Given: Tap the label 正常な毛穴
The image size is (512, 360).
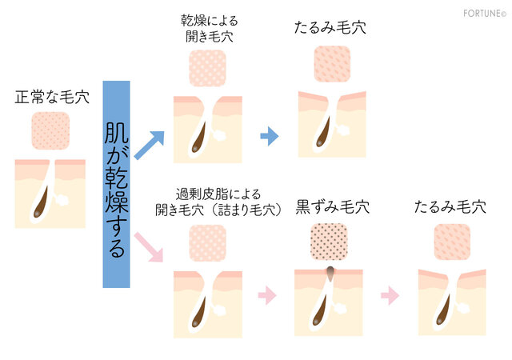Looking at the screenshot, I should [x=51, y=98].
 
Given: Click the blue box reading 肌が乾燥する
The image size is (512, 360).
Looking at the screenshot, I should [x=116, y=184].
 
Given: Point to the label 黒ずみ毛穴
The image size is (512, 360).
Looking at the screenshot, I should [x=332, y=207].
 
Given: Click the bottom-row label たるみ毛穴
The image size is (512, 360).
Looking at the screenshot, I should [x=450, y=207].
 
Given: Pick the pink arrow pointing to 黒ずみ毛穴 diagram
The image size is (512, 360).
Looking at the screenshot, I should [x=266, y=295].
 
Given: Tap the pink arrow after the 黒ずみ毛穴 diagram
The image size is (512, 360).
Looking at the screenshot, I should [x=390, y=295].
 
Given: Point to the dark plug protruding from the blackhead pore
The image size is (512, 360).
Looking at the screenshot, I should [x=329, y=274].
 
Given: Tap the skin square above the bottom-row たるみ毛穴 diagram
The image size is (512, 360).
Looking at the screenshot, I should [x=451, y=242].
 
